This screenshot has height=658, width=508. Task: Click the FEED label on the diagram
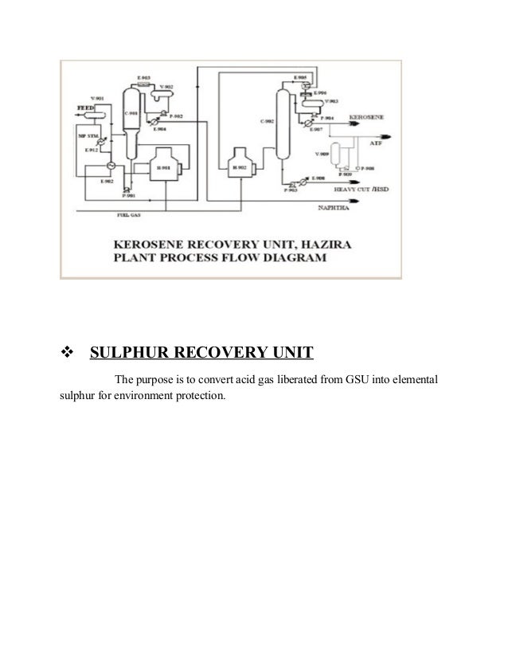(84, 106)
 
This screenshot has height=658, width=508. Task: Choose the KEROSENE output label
(366, 117)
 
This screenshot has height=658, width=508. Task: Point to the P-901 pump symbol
(127, 187)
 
